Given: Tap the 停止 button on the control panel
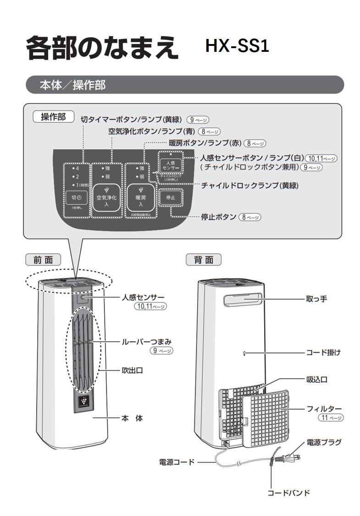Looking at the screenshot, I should pos(171,198).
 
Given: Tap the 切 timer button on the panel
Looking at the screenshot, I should pos(76,197).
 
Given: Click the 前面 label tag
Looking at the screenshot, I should pos(43,260).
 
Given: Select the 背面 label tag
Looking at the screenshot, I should pos(203,260).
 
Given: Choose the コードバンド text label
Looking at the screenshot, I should pos(288,493).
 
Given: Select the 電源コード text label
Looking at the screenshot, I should pos(177,462).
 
